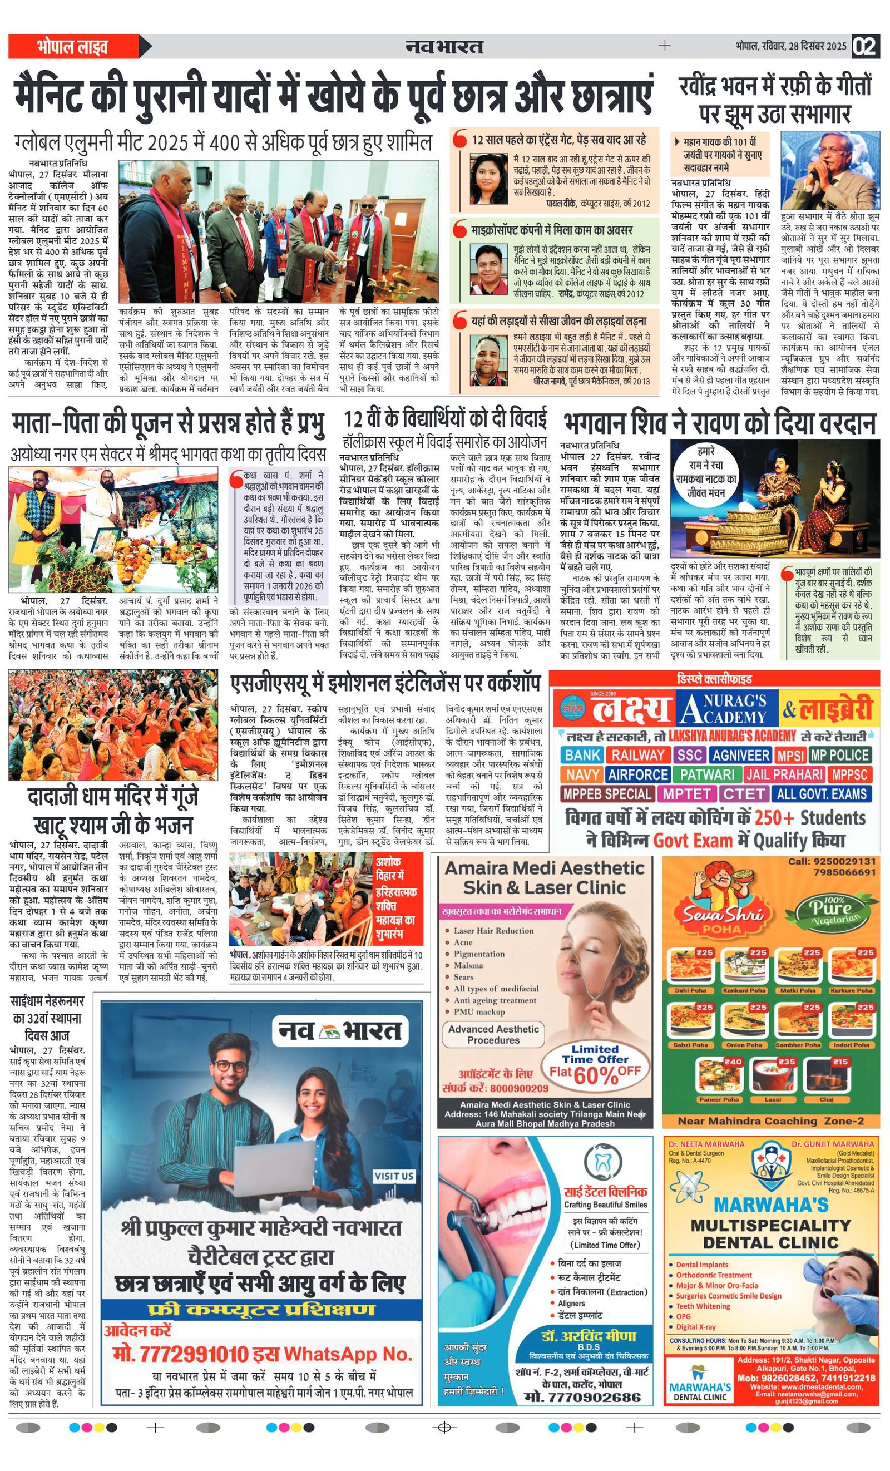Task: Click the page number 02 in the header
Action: [866, 47]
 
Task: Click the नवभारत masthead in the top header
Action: [443, 46]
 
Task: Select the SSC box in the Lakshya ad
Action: [689, 754]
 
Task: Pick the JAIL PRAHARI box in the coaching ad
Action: [784, 774]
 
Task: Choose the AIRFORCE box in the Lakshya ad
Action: [637, 774]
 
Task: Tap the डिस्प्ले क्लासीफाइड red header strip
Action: [714, 679]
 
